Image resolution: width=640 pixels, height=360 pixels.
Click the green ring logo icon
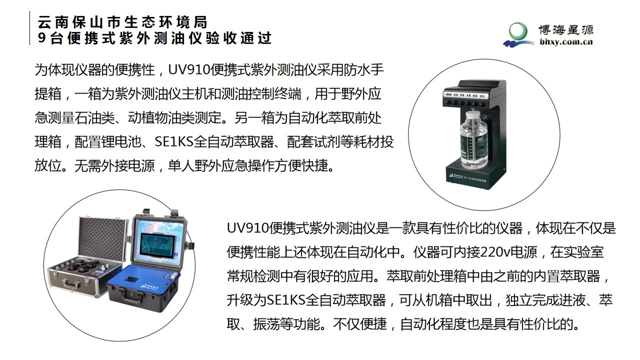518,31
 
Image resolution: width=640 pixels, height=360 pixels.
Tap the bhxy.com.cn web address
566,42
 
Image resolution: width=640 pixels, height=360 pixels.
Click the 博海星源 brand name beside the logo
566,30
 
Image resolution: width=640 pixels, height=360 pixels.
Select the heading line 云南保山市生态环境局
122,22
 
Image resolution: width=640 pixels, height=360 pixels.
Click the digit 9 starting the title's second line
41,38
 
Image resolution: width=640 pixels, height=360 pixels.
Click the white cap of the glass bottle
473,115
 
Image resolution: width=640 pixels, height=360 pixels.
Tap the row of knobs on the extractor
464,103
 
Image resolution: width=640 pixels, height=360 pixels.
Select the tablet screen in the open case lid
157,245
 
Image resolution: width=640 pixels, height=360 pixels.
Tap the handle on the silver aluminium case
71,284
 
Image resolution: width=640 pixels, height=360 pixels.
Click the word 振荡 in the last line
266,324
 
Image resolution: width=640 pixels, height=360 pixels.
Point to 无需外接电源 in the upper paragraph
114,165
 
